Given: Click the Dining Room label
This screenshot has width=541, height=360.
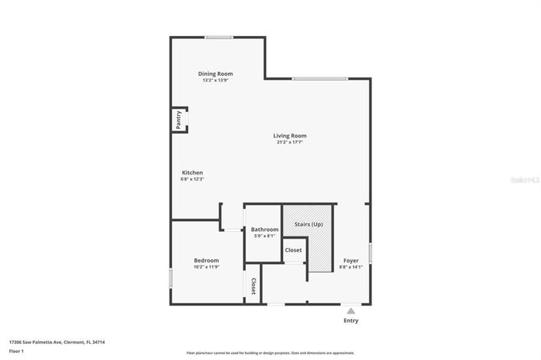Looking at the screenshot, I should point(216,74).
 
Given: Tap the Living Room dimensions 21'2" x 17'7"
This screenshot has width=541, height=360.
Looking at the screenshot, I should point(290,142).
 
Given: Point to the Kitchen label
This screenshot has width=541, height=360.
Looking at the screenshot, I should point(192,173).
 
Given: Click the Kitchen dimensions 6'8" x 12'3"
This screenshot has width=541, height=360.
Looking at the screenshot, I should point(192,179).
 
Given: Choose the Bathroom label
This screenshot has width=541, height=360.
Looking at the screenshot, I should point(265,230).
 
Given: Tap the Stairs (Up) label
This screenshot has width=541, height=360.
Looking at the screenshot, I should point(308,224).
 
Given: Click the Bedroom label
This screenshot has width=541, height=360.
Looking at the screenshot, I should point(206,260).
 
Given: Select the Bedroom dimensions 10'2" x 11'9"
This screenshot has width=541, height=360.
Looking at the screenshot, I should point(206,267).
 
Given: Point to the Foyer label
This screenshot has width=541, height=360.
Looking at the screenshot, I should point(351,261).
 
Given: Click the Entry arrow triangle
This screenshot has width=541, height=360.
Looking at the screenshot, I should point(351,311).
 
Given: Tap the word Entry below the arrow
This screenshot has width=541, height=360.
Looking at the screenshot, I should point(351,321).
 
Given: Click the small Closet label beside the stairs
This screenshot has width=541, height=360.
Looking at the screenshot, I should point(293,250).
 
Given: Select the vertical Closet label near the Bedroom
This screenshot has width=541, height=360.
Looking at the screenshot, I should point(253,286).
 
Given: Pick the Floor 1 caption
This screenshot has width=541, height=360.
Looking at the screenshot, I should point(17,351).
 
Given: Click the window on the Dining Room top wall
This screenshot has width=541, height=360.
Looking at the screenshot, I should point(219,37).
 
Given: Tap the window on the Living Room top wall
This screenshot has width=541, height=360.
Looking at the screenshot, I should point(319,78).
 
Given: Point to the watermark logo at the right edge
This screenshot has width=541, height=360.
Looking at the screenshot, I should point(526,180).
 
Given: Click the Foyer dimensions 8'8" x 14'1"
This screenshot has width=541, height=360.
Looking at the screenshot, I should point(351,267).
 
